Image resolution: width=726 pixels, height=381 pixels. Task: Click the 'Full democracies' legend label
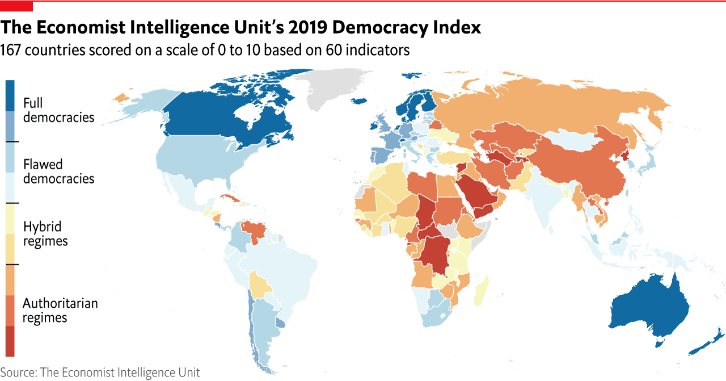click(x=58, y=110)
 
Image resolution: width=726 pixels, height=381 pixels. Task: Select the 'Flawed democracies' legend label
click(x=58, y=171)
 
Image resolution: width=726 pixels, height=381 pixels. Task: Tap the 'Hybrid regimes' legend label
click(x=45, y=233)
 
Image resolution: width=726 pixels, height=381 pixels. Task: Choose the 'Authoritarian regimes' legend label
click(x=60, y=310)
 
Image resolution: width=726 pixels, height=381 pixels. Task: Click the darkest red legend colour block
click(x=10, y=341)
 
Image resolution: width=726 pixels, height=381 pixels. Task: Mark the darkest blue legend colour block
click(x=10, y=95)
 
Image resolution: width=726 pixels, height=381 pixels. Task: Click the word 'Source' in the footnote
click(x=19, y=372)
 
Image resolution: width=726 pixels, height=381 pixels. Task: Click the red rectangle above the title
click(x=16, y=6)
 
